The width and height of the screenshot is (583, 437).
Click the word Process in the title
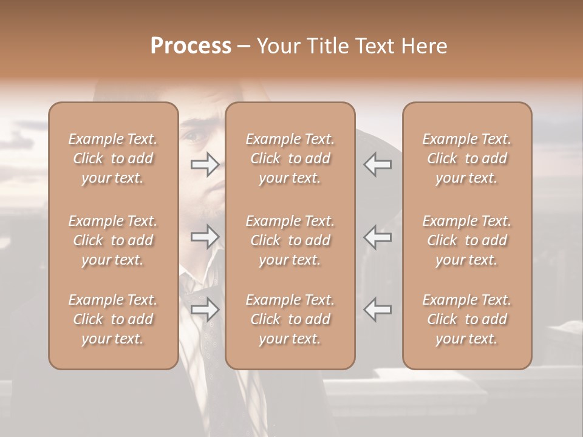191,46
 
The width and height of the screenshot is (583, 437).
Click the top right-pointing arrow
205,164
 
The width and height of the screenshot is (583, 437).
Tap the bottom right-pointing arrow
205,310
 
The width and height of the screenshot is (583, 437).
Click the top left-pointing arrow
377,164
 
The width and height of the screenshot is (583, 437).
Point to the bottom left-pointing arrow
377,310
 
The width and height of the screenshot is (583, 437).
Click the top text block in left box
113,158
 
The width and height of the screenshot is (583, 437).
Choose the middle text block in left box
113,240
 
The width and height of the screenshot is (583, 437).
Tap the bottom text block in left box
113,319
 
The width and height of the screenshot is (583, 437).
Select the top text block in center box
290,158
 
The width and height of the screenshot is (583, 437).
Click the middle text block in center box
290,240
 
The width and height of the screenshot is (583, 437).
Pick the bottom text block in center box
290,319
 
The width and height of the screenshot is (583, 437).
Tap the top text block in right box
466,158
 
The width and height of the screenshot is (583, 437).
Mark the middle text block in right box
466,240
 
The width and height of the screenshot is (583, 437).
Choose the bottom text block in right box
466,319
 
